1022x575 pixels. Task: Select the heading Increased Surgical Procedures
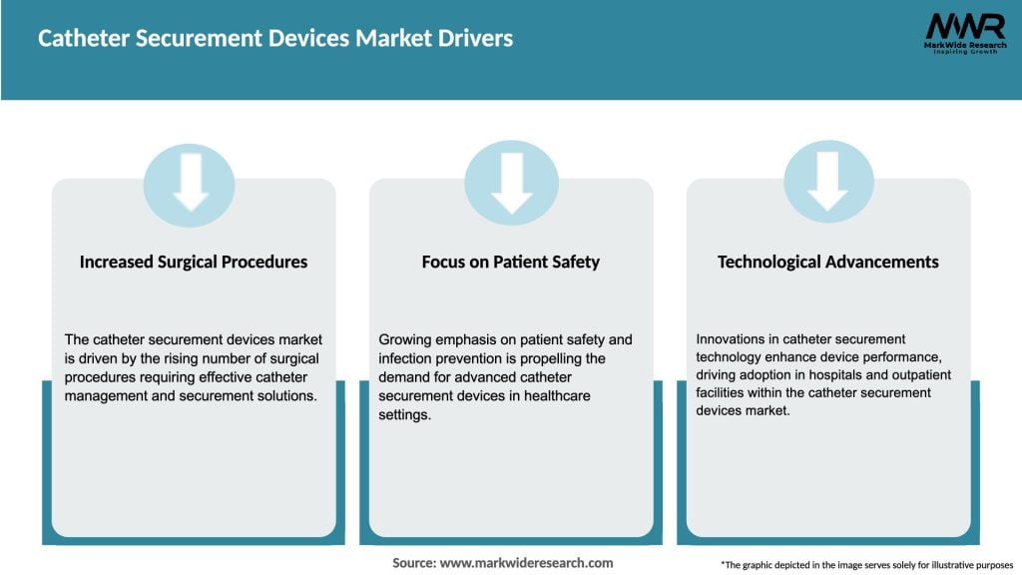pos(194,262)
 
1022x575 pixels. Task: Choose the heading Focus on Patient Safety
pos(511,262)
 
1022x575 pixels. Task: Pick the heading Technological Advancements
pos(828,262)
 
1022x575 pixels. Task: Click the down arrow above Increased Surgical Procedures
pos(190,185)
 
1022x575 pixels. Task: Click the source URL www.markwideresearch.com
pos(526,563)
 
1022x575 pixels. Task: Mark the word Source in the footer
pos(412,563)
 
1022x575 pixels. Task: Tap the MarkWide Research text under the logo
pos(964,45)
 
